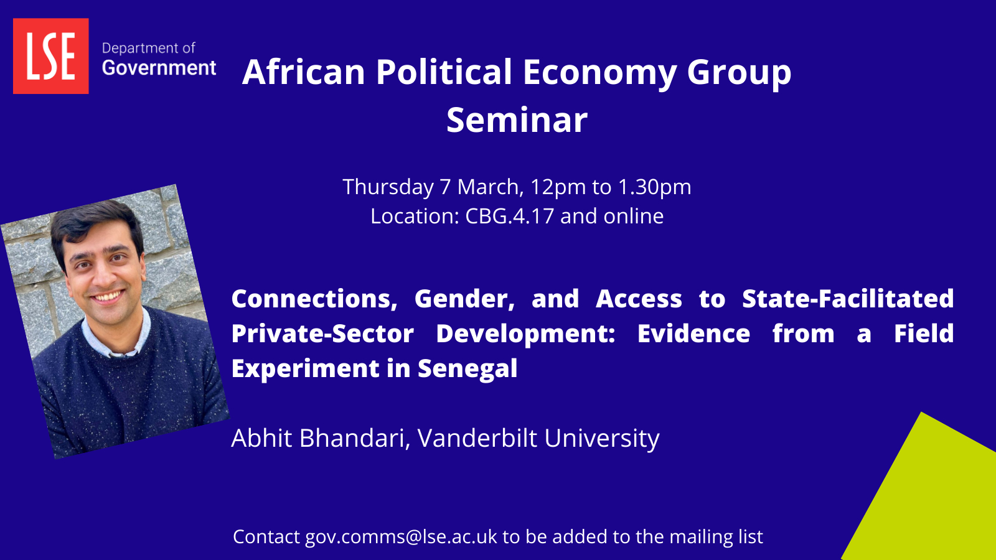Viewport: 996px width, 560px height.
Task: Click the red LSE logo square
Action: pyautogui.click(x=50, y=56)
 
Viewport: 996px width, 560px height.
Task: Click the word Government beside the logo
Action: pyautogui.click(x=159, y=68)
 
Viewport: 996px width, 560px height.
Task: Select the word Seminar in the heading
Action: pyautogui.click(x=517, y=120)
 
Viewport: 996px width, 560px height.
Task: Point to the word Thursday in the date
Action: pyautogui.click(x=388, y=187)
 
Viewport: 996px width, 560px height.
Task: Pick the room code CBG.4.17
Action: pyautogui.click(x=510, y=216)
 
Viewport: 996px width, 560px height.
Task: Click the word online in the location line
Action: pyautogui.click(x=633, y=216)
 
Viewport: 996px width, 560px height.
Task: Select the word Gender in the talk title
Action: pyautogui.click(x=464, y=299)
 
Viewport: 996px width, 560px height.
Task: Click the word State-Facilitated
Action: pyautogui.click(x=848, y=298)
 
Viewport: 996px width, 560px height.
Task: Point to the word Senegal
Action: pyautogui.click(x=467, y=368)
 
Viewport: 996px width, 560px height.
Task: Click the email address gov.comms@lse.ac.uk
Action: pyautogui.click(x=401, y=537)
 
